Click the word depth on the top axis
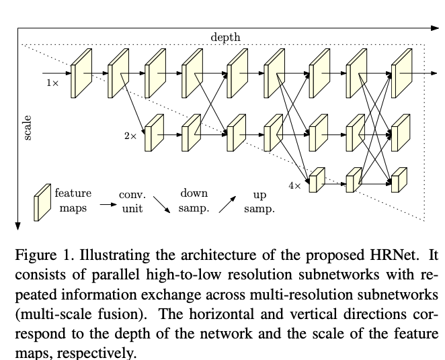(x=225, y=38)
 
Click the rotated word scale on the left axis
(x=27, y=129)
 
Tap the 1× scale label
(x=52, y=83)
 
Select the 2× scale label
(x=130, y=136)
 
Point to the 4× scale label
(x=295, y=185)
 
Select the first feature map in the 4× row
(x=315, y=179)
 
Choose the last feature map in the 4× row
(x=399, y=178)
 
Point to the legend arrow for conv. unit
(x=108, y=202)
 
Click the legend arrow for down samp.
(x=161, y=203)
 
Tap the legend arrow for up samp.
(x=228, y=204)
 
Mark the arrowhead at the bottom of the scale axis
(x=17, y=225)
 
